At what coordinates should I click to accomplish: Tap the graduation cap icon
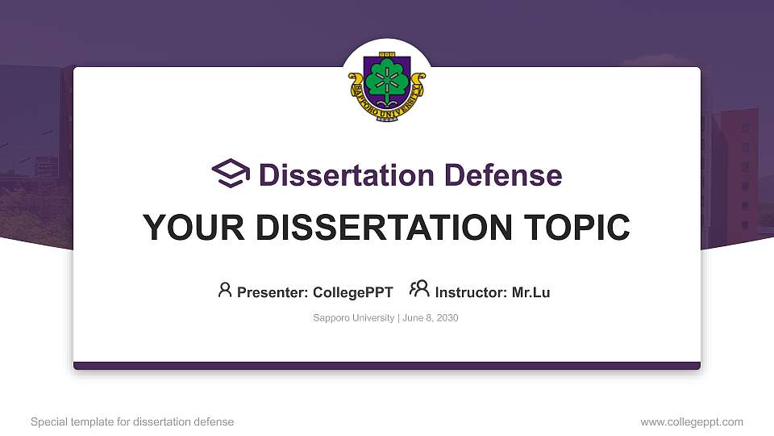pyautogui.click(x=231, y=174)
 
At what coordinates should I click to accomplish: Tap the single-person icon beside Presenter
pyautogui.click(x=225, y=290)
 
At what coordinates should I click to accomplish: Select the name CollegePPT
pyautogui.click(x=352, y=292)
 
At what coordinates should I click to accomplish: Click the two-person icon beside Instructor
pyautogui.click(x=419, y=290)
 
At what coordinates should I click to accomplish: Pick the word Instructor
pyautogui.click(x=469, y=292)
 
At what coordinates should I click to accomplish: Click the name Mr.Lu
pyautogui.click(x=531, y=292)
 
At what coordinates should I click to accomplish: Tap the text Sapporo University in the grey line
pyautogui.click(x=352, y=318)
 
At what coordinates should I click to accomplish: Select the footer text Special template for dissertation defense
pyautogui.click(x=132, y=421)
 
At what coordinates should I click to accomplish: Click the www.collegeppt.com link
pyautogui.click(x=692, y=421)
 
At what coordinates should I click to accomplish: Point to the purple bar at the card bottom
pyautogui.click(x=387, y=366)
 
